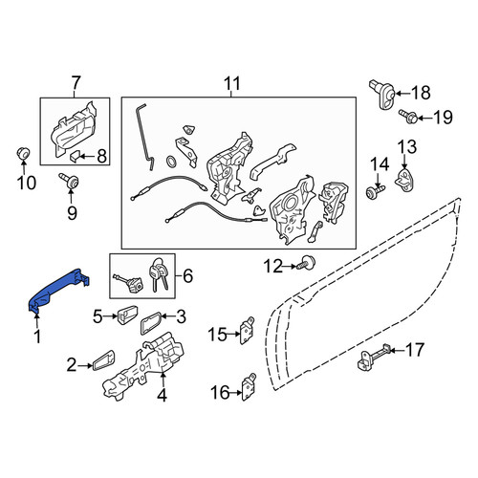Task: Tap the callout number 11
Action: [x=231, y=83]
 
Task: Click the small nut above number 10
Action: [x=23, y=153]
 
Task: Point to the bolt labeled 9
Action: [x=70, y=181]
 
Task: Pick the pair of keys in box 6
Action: [x=158, y=275]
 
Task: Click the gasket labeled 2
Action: [x=103, y=360]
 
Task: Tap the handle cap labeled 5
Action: [x=127, y=315]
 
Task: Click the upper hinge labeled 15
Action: [x=247, y=331]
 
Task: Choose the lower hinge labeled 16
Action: [x=249, y=387]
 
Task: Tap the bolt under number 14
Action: [x=376, y=191]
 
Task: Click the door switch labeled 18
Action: [x=382, y=95]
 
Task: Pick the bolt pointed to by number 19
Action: [x=408, y=117]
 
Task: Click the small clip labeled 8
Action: [x=75, y=157]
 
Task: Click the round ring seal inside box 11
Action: [x=172, y=162]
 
